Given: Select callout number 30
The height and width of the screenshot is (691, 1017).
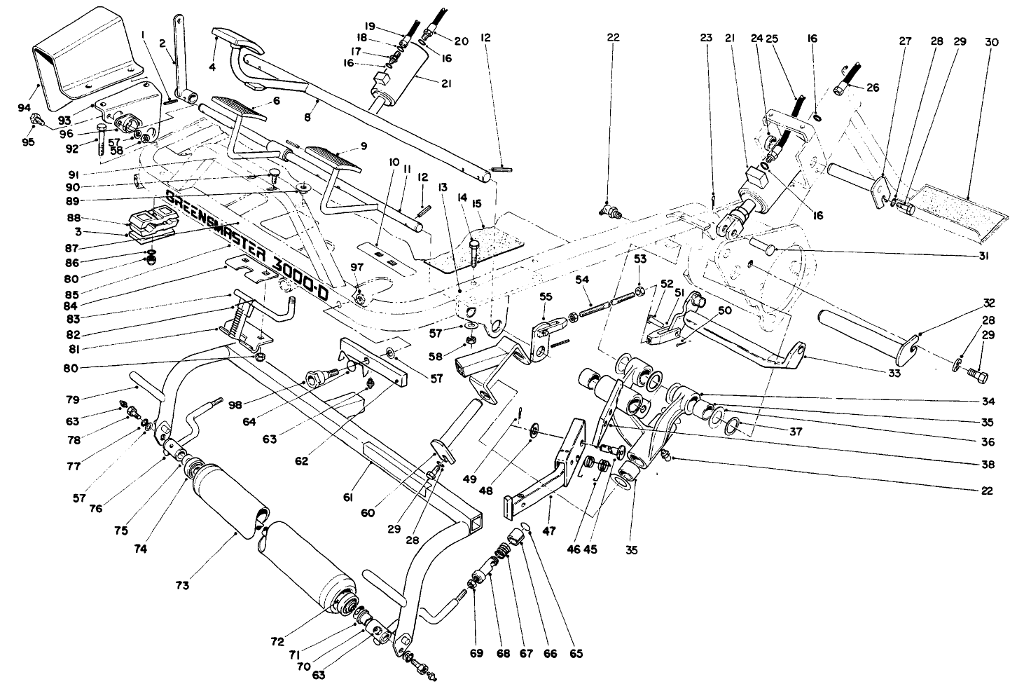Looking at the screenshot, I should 991,42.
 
